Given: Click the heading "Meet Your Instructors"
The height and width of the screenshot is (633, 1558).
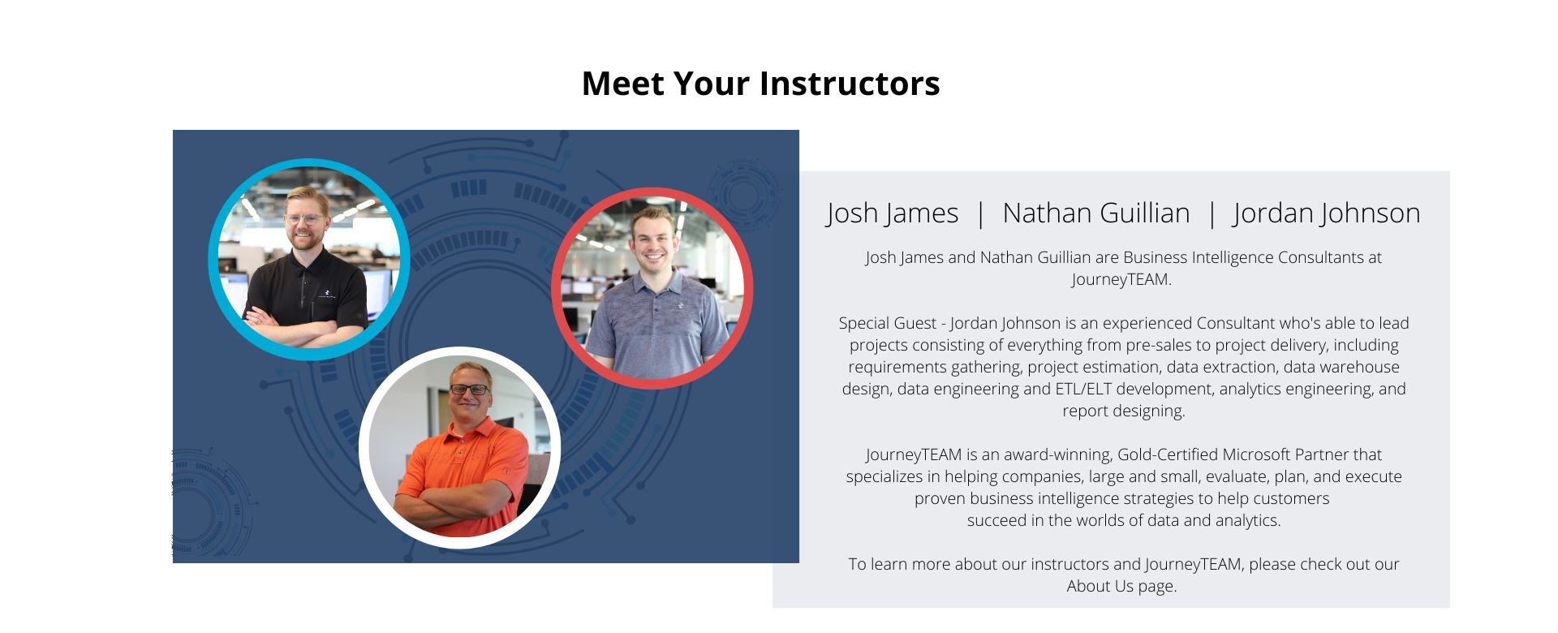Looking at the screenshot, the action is (760, 84).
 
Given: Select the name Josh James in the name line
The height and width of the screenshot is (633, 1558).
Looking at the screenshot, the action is (892, 213).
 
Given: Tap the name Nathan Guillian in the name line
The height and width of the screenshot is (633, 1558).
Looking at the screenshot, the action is (1096, 213).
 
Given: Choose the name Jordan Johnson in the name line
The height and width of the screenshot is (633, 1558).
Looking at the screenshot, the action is (1327, 213).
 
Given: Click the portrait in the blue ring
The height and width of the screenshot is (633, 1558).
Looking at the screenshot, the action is (309, 259).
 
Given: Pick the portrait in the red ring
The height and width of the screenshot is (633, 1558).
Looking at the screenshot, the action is (652, 288).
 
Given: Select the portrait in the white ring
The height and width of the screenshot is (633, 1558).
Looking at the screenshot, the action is (459, 447).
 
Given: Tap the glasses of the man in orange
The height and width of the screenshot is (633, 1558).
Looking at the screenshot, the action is (469, 390).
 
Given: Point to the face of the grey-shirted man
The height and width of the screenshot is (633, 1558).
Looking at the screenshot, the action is (654, 242).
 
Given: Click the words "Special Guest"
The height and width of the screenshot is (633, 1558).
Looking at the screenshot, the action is (888, 323).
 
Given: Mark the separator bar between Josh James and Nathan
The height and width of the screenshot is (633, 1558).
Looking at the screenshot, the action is (981, 214).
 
